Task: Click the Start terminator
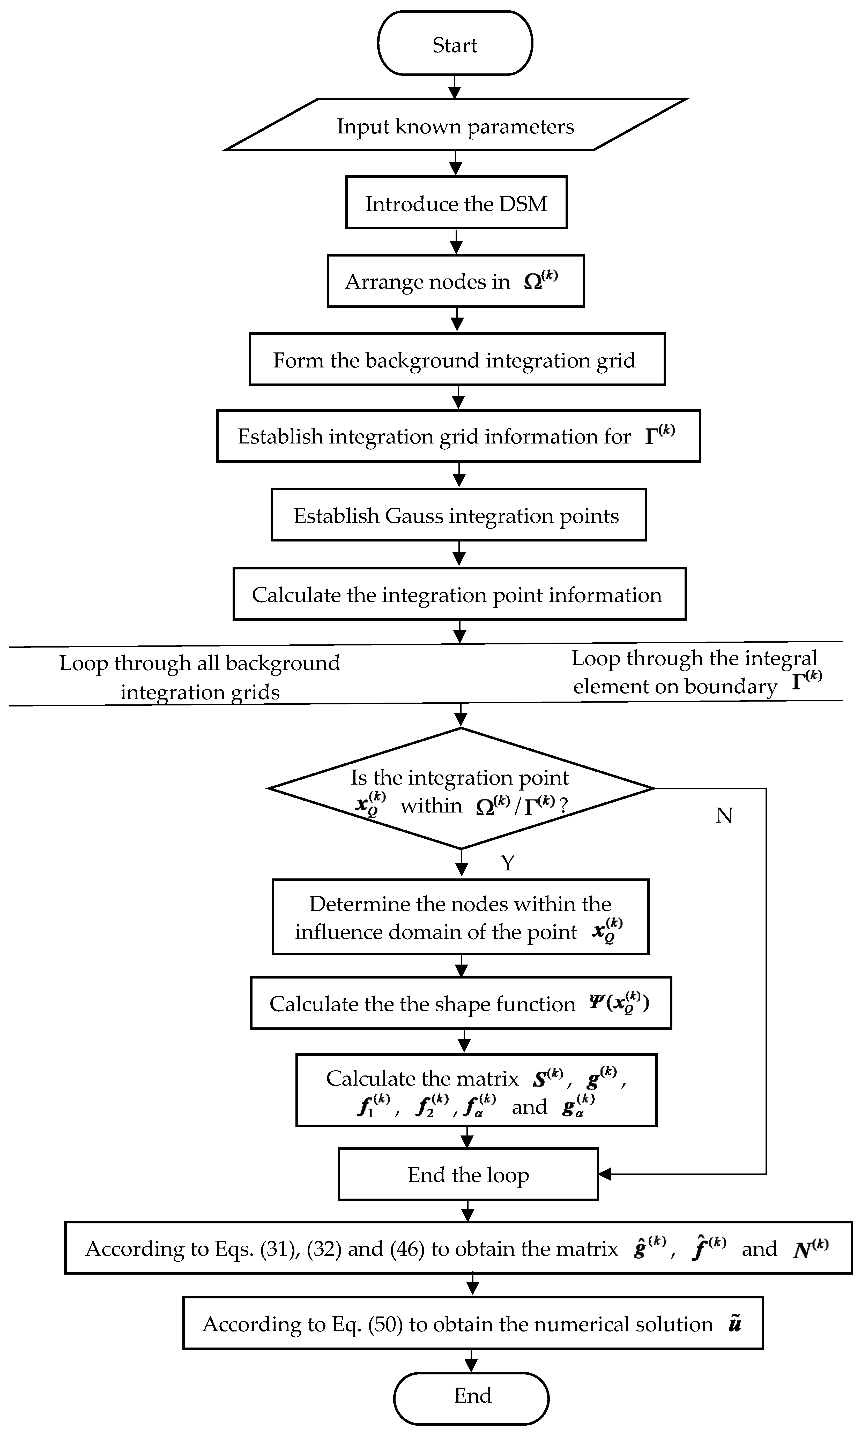point(455,43)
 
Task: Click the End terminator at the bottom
point(471,1398)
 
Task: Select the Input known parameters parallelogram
point(455,125)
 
